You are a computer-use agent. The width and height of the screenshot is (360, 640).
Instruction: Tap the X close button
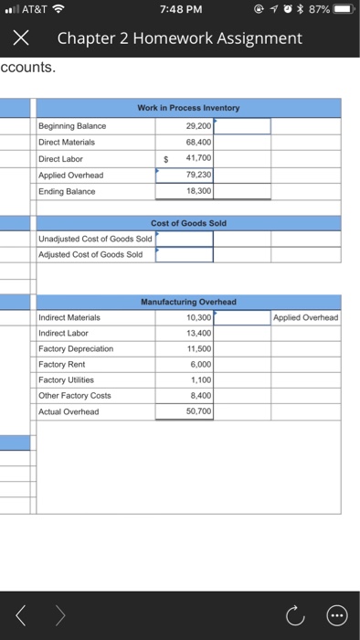pyautogui.click(x=22, y=38)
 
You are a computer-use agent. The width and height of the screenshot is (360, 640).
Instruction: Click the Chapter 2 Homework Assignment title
pyautogui.click(x=179, y=38)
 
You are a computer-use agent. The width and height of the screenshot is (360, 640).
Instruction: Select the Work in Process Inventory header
pyautogui.click(x=187, y=109)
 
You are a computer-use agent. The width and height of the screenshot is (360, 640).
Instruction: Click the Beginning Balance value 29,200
pyautogui.click(x=197, y=125)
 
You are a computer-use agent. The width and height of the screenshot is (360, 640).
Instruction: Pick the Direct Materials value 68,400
pyautogui.click(x=197, y=142)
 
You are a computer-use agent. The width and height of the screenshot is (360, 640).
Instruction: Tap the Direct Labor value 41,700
pyautogui.click(x=197, y=158)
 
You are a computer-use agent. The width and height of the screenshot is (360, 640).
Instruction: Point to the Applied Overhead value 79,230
pyautogui.click(x=197, y=175)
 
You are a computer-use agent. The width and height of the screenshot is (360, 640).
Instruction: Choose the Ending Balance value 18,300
pyautogui.click(x=197, y=191)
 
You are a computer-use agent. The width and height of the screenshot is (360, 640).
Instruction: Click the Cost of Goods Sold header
pyautogui.click(x=188, y=223)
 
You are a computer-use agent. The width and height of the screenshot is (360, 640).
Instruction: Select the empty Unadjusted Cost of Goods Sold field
pyautogui.click(x=185, y=239)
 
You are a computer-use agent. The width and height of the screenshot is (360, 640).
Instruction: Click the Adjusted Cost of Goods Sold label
pyautogui.click(x=90, y=254)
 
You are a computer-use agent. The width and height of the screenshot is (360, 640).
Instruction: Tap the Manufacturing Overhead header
pyautogui.click(x=188, y=301)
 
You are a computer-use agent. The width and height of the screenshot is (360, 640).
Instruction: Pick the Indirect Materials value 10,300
pyautogui.click(x=197, y=317)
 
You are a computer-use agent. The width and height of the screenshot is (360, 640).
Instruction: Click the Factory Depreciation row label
pyautogui.click(x=76, y=349)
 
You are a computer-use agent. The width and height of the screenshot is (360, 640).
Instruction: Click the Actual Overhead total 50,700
pyautogui.click(x=197, y=412)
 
